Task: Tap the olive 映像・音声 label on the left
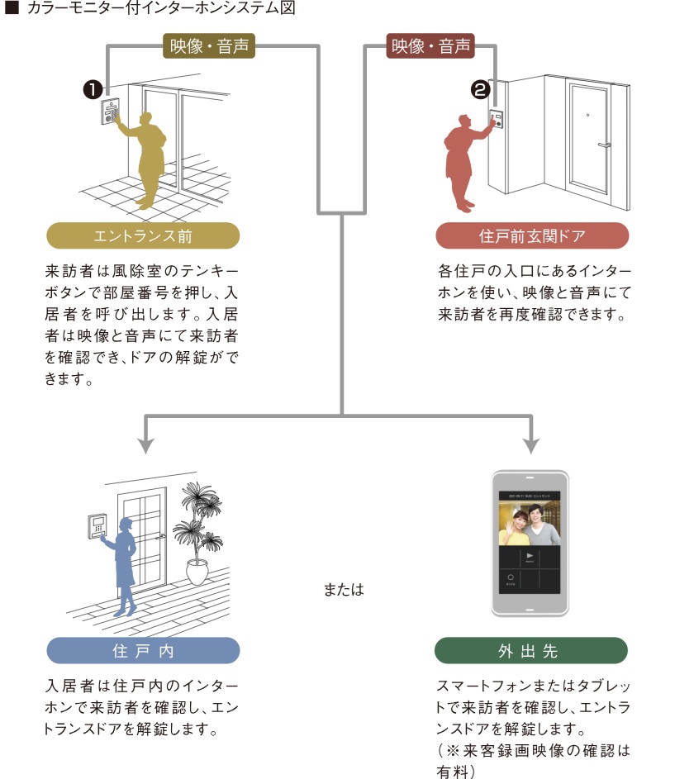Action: pos(209,45)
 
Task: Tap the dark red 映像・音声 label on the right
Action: pos(430,45)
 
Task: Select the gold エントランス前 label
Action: pos(143,236)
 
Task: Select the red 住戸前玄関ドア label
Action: pos(532,236)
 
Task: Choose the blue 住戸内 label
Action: pos(143,650)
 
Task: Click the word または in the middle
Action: pos(344,591)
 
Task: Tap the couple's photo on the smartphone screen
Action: pos(530,521)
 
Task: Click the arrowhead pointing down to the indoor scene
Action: pos(146,445)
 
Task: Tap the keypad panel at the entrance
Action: pos(111,112)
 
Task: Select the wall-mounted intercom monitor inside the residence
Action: pos(97,525)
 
